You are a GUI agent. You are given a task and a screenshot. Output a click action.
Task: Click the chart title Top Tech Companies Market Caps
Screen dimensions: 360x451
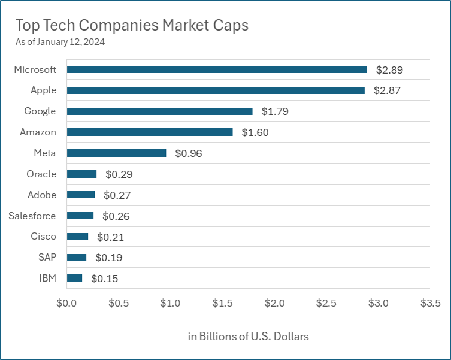(131, 25)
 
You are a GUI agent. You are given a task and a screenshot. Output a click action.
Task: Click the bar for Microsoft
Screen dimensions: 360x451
(217, 69)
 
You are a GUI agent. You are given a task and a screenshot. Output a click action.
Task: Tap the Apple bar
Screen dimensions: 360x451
(216, 90)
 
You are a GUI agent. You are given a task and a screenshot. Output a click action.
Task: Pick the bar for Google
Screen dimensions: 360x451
(159, 111)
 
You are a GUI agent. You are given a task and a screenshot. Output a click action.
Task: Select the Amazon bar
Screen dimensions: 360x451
(150, 132)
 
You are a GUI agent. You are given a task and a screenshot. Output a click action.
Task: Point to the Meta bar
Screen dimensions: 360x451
(116, 153)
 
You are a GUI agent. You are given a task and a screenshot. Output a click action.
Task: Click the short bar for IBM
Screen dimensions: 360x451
(74, 278)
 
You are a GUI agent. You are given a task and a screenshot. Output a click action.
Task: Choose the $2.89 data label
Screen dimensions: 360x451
(389, 70)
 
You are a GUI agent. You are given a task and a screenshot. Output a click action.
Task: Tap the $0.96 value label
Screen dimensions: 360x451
(188, 153)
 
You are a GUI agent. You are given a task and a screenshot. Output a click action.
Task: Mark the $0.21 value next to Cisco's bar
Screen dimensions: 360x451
(110, 237)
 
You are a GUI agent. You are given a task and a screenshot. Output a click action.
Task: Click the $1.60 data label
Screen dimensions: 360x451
(255, 132)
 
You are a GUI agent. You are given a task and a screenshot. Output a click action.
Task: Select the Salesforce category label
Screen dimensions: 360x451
(32, 216)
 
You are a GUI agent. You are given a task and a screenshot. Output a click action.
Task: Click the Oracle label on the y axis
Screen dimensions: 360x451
(41, 174)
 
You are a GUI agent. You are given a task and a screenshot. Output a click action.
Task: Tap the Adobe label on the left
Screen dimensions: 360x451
(42, 195)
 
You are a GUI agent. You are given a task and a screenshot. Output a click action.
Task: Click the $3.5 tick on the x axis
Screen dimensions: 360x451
(430, 302)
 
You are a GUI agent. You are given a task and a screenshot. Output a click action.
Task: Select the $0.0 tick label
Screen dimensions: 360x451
(66, 302)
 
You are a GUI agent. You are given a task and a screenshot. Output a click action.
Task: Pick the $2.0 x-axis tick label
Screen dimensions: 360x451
(274, 302)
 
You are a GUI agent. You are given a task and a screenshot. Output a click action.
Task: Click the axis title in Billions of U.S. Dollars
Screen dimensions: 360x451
(248, 336)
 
